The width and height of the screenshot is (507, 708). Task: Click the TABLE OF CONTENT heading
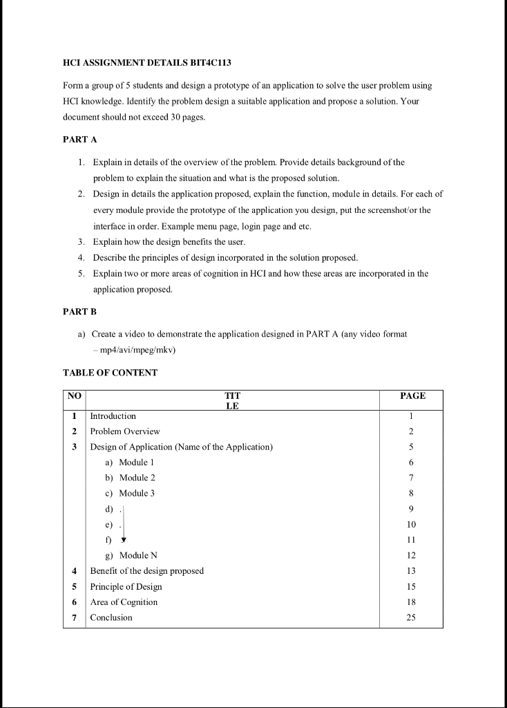110,373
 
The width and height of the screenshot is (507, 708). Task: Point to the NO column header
74,396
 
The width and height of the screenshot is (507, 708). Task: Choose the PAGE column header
412,396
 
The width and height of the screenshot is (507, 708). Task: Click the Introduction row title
113,416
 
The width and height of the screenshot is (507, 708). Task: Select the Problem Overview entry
125,431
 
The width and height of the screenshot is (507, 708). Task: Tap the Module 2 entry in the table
137,478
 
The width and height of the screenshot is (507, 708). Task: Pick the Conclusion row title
111,617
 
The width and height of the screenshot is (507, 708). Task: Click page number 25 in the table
411,617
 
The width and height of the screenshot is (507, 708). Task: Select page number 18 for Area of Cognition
411,602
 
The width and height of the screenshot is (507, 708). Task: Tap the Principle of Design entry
126,586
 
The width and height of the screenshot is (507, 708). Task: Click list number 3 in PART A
82,241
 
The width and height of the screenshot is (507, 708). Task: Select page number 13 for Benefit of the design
411,571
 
